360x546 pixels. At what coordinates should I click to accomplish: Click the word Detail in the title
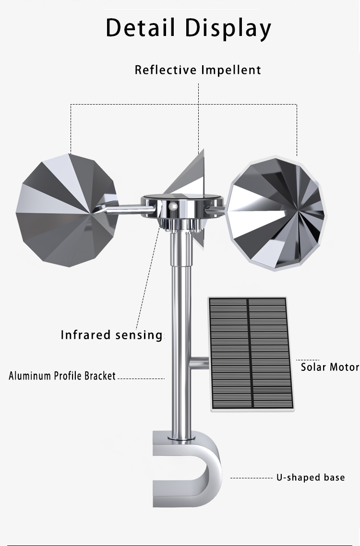(140, 27)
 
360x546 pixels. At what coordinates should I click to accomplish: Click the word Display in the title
(228, 29)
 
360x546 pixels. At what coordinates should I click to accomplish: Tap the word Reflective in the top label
(166, 70)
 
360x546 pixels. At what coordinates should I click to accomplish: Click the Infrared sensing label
(111, 335)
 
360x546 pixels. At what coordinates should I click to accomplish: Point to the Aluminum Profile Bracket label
(62, 376)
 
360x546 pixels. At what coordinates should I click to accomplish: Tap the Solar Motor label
(330, 367)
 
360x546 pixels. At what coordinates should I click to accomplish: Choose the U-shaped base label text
(311, 477)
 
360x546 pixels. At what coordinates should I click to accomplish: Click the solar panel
(251, 354)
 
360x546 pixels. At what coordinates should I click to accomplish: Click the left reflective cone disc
(66, 210)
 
